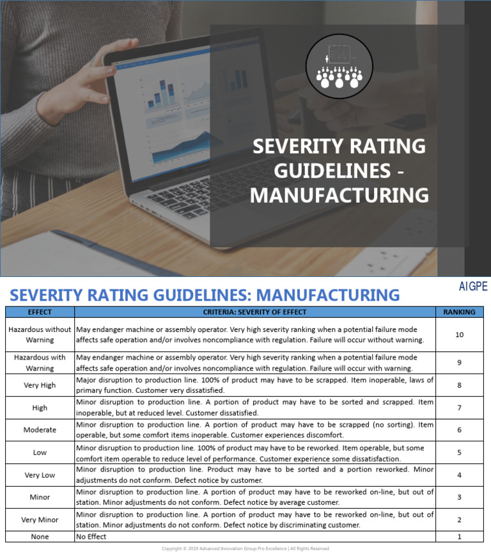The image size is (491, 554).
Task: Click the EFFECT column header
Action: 40,312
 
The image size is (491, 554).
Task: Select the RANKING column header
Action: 459,312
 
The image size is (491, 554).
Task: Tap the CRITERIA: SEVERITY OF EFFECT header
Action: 254,312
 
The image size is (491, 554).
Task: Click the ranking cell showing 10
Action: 459,335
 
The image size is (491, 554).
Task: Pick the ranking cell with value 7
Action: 459,408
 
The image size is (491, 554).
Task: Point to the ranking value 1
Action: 459,537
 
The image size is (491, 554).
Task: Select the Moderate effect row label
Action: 40,430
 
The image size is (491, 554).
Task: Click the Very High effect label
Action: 40,385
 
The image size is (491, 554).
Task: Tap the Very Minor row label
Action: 40,519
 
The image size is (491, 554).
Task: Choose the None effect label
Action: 40,537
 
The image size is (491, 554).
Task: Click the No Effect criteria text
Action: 91,537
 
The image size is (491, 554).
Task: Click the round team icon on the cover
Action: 339,67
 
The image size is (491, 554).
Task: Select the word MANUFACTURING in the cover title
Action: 339,195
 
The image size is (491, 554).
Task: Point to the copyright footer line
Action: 245,548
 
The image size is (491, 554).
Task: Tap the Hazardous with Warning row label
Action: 40,363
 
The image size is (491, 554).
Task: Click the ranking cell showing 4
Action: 459,475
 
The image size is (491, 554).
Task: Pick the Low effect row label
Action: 40,452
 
